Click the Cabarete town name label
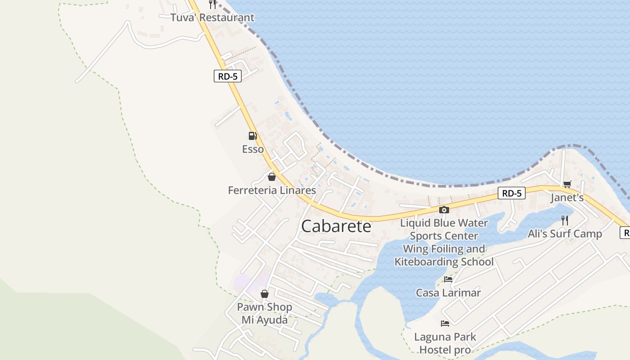[x=336, y=226]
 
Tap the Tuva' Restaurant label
[x=212, y=18]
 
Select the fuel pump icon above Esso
[x=252, y=135]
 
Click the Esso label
[x=253, y=149]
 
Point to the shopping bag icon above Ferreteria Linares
[x=271, y=177]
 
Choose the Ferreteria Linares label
[x=272, y=190]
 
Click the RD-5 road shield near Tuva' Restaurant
[x=228, y=76]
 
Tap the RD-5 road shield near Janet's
[x=512, y=193]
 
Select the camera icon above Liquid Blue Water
[x=444, y=210]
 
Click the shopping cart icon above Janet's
[x=567, y=184]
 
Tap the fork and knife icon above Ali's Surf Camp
[x=565, y=220]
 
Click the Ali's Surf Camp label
[x=565, y=234]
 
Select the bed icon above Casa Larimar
[x=448, y=279]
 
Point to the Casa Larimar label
[x=448, y=293]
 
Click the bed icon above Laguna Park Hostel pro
[x=445, y=323]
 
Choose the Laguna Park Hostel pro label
[x=445, y=343]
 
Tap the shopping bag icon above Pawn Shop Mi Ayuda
[x=265, y=294]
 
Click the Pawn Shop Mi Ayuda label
[x=265, y=313]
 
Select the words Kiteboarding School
[x=444, y=261]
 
